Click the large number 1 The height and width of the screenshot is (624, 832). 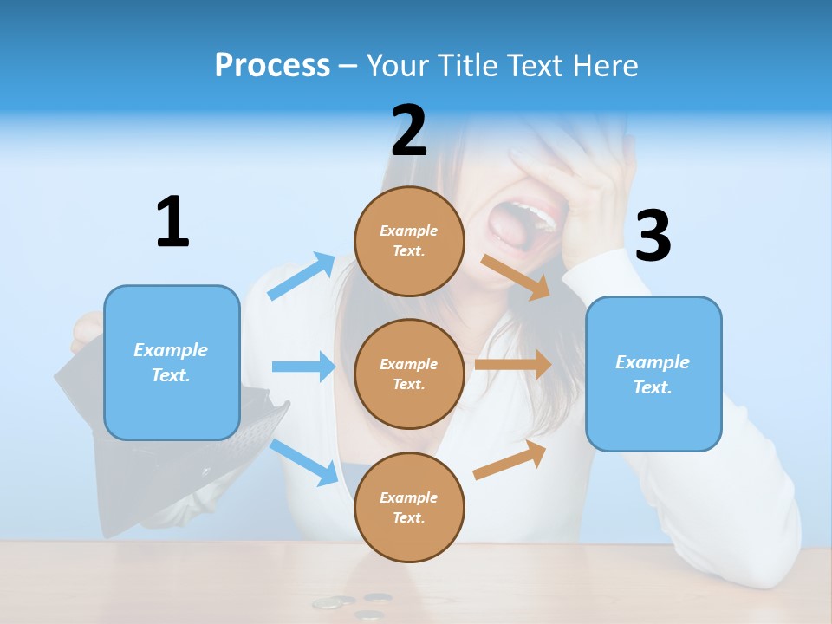click(172, 222)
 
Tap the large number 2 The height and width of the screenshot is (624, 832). click(409, 131)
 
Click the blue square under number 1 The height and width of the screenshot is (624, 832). click(172, 362)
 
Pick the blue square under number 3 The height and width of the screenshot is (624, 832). click(653, 374)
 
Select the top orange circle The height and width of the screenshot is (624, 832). click(409, 241)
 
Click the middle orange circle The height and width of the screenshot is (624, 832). click(409, 374)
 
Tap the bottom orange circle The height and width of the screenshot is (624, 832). click(409, 507)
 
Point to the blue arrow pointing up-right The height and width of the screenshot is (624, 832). click(302, 276)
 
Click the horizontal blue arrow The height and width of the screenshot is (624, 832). click(303, 367)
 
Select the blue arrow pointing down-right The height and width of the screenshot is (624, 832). click(303, 462)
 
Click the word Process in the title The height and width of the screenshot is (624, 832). click(272, 65)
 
